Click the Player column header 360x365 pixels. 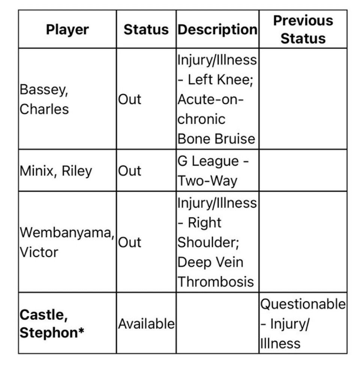tap(68, 30)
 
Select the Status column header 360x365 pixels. tap(146, 30)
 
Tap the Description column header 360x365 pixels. tap(217, 30)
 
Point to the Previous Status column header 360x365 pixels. tap(303, 29)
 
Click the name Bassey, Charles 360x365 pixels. tap(44, 99)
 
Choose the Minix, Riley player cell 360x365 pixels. tap(56, 171)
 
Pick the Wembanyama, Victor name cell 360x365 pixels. tap(67, 242)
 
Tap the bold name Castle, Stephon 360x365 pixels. tap(52, 324)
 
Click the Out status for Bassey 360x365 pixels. tap(130, 100)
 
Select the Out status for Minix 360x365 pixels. tap(130, 171)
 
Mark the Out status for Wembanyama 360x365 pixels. tap(130, 242)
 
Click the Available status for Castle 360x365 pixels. tap(146, 324)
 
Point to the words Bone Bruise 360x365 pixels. tap(216, 139)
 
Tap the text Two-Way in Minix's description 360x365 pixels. tap(207, 181)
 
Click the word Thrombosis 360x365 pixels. tap(216, 282)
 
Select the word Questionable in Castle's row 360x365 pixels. tap(303, 304)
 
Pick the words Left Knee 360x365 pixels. tap(220, 80)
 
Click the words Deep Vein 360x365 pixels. tap(210, 262)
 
